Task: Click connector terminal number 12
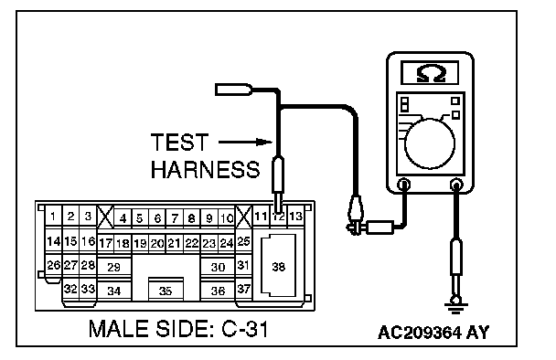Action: [x=279, y=217]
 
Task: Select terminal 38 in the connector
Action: [x=278, y=266]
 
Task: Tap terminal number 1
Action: [x=53, y=216]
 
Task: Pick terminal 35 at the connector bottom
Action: [x=166, y=291]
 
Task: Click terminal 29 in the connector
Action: [x=114, y=267]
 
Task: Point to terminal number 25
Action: [x=243, y=241]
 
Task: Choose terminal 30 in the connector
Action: [x=218, y=267]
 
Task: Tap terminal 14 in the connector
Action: [x=54, y=241]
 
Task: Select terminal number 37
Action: [x=243, y=289]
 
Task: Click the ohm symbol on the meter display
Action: [x=431, y=73]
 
